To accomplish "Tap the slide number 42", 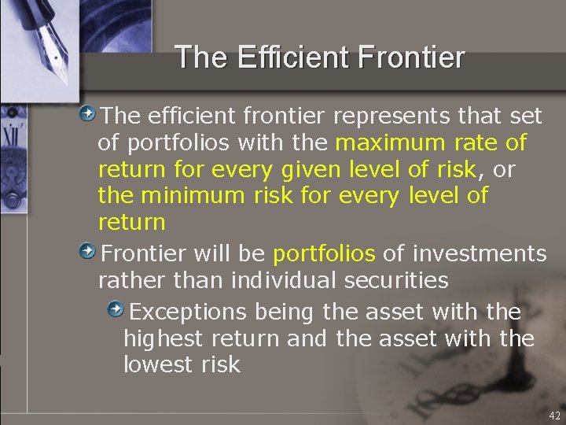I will (x=554, y=416).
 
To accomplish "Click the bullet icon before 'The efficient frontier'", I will (x=91, y=115).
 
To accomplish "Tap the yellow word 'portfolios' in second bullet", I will (x=324, y=253).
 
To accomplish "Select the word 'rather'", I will (x=127, y=279).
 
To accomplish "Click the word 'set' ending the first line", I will (x=526, y=116).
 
